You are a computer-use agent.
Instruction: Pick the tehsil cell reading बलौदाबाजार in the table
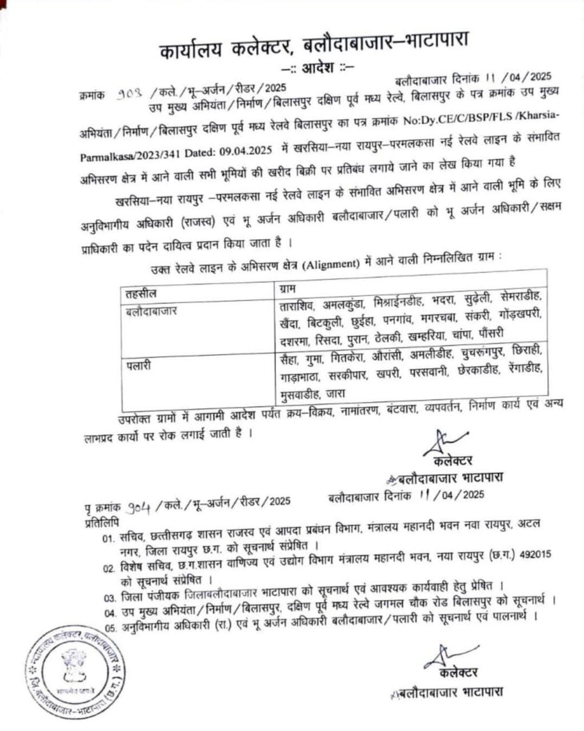[151, 311]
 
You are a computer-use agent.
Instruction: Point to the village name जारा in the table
[335, 393]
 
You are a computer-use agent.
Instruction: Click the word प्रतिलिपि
[100, 523]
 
